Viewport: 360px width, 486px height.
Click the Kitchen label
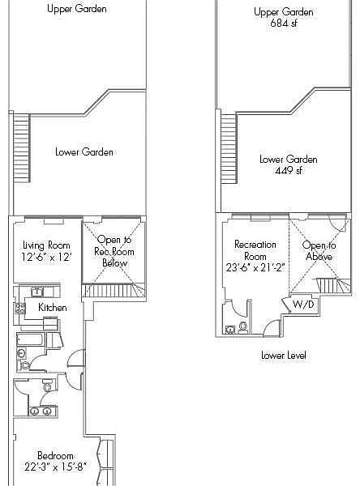pos(52,308)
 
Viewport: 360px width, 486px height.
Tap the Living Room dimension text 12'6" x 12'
pos(46,257)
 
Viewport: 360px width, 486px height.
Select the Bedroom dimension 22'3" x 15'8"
pos(55,467)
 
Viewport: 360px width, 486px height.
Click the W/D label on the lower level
pos(303,304)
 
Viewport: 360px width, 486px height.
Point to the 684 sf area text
pos(284,23)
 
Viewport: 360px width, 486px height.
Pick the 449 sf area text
pos(289,170)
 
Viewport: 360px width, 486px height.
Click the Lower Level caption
pos(283,356)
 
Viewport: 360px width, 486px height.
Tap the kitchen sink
pos(37,292)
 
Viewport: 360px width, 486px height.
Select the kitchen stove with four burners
pos(20,309)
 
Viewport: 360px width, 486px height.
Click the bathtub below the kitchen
pos(30,339)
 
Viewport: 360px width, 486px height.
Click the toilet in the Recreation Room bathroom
pos(243,327)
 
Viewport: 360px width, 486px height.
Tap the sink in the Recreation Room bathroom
pos(230,329)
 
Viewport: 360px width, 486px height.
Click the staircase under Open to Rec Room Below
pos(114,291)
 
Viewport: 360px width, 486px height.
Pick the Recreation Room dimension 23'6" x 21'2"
pos(255,267)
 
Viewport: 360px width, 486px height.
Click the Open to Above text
pos(319,251)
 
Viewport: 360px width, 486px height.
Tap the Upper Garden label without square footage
pos(77,8)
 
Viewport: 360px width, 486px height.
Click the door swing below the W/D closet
pos(272,328)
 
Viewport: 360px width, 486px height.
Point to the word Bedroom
pos(55,455)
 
